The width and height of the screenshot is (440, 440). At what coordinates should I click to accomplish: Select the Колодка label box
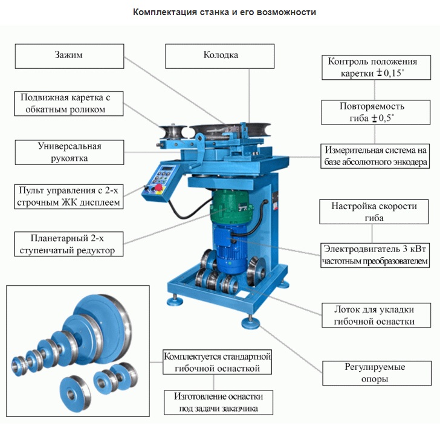point(221,55)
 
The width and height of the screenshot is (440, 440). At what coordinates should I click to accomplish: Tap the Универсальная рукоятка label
point(70,152)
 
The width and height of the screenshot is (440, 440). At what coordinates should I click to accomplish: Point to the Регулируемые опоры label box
point(375,373)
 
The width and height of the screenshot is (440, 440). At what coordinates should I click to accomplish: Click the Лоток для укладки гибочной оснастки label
point(375,314)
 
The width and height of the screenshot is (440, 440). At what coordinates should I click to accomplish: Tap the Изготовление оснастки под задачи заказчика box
point(218,403)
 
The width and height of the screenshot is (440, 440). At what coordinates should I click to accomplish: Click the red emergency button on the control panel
point(158,190)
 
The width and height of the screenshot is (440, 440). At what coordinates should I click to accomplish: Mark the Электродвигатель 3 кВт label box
point(375,255)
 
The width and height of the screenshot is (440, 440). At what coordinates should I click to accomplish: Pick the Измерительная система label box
point(375,155)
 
